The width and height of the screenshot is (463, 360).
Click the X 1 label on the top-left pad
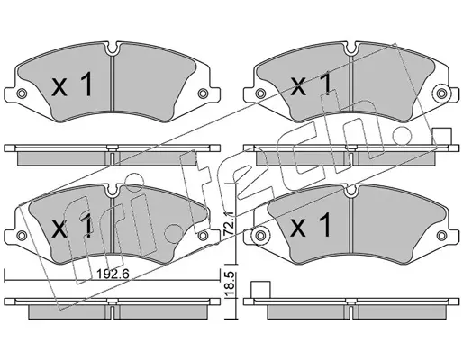click(x=72, y=85)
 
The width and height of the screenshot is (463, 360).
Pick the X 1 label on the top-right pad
click(x=312, y=84)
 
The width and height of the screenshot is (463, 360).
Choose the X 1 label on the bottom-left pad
click(x=72, y=227)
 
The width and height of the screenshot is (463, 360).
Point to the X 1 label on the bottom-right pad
click(x=312, y=225)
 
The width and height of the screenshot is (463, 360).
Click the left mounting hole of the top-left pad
click(x=21, y=94)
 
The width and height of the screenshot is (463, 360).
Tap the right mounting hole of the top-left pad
click(x=203, y=94)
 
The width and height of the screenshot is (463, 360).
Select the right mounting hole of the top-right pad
click(x=441, y=94)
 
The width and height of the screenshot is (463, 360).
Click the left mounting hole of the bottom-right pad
click(x=260, y=235)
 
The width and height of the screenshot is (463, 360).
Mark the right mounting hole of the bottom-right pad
click(x=441, y=235)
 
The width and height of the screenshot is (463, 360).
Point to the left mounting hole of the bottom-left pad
click(x=21, y=235)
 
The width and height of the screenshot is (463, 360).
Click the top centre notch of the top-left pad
click(x=113, y=49)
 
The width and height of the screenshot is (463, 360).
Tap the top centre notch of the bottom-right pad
click(x=350, y=191)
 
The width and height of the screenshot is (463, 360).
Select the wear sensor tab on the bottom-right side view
click(x=261, y=290)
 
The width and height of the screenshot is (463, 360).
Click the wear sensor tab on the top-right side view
click(x=442, y=137)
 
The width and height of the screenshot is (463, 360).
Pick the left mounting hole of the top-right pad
click(x=259, y=94)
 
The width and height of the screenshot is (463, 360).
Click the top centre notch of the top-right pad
click(x=350, y=49)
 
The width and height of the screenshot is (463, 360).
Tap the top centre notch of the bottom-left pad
click(x=113, y=191)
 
